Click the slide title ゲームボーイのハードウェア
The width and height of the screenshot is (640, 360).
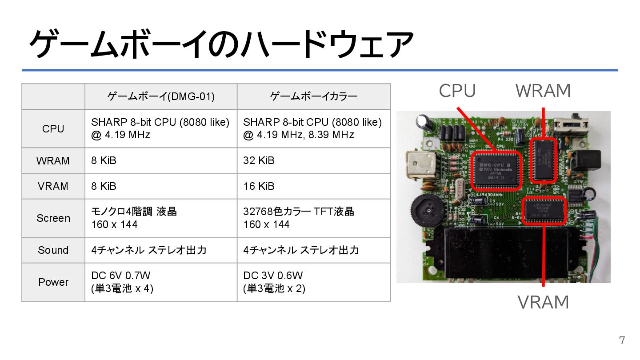tap(221, 44)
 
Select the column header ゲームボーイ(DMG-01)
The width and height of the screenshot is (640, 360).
tap(161, 96)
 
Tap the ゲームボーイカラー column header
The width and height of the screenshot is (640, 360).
tap(314, 96)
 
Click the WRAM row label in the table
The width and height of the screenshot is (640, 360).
tap(53, 161)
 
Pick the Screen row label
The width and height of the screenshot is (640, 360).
tap(53, 218)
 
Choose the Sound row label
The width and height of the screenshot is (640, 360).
tap(53, 250)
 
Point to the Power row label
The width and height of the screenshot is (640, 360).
tap(53, 282)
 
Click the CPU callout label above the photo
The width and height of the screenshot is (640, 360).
tap(457, 91)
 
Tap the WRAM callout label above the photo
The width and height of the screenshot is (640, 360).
tap(543, 91)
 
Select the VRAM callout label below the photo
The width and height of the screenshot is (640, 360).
tap(543, 303)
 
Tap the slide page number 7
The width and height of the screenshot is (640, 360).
tap(622, 341)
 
